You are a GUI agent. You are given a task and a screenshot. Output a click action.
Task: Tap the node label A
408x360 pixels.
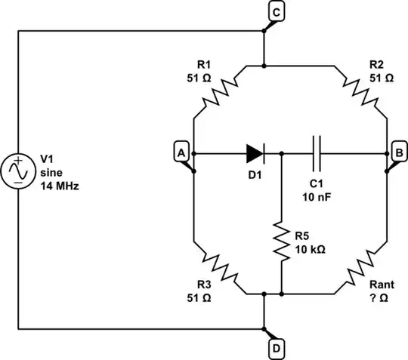point(181,152)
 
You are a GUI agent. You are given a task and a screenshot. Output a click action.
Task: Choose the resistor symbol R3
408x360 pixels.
point(218,265)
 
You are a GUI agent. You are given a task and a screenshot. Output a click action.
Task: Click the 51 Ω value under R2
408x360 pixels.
point(382,78)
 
